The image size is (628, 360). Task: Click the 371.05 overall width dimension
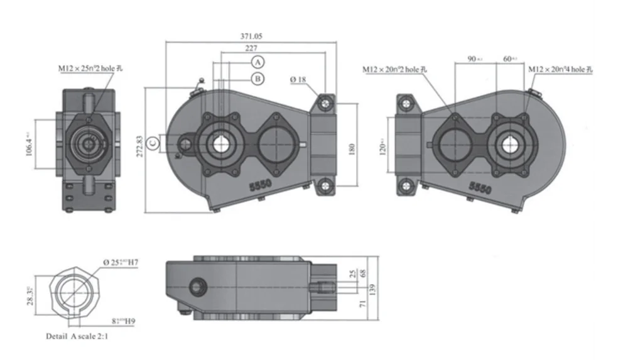(x=251, y=37)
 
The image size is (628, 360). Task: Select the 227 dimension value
(x=251, y=48)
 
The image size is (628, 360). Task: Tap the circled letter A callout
(x=258, y=62)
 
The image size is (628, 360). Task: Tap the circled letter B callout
(x=258, y=79)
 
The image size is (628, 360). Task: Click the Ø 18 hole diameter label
(x=298, y=80)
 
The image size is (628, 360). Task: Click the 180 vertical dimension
(x=352, y=149)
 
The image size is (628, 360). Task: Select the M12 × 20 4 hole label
(x=560, y=69)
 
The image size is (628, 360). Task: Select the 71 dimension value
(x=362, y=303)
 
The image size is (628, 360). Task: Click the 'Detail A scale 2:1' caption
(x=79, y=337)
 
